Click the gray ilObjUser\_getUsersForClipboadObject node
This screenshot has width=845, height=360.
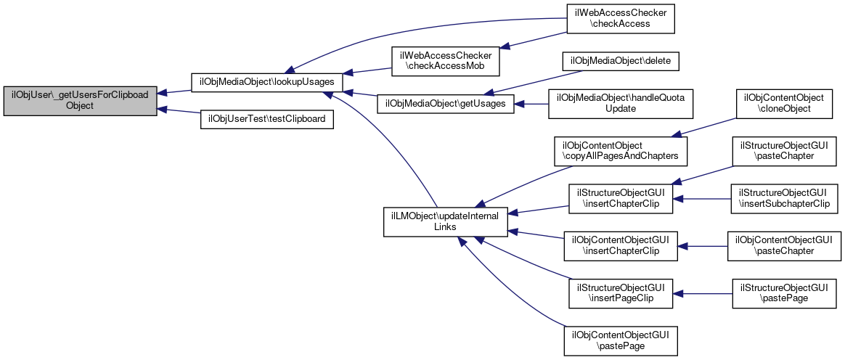[81, 100]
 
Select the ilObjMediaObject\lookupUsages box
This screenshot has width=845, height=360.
[266, 81]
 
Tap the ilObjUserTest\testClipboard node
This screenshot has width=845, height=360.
[266, 118]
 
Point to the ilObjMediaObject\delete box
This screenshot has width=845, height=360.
[620, 62]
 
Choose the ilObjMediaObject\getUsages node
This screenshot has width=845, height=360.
[445, 104]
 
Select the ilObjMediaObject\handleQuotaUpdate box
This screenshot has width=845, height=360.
[620, 104]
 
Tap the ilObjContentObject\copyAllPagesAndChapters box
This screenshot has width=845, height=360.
[620, 151]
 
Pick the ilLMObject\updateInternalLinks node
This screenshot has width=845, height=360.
[445, 221]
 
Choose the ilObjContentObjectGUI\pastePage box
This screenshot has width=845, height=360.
[620, 340]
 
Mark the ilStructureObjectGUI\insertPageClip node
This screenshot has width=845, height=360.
[620, 293]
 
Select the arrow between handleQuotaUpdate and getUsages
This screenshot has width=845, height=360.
[531, 104]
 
